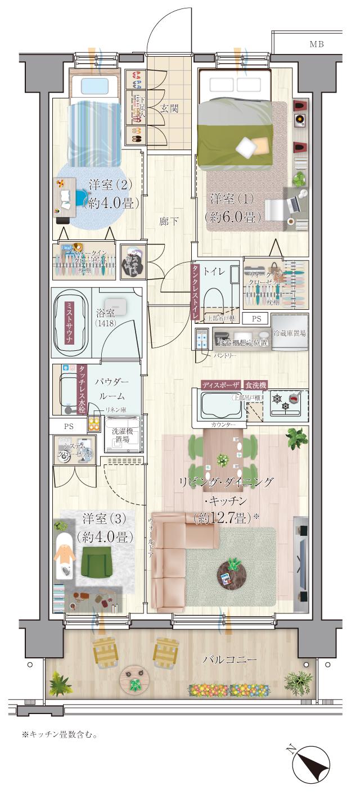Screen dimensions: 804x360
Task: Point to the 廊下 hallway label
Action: (x=169, y=221)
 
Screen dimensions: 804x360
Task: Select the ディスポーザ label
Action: (x=221, y=385)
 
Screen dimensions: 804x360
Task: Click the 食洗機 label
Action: (x=255, y=385)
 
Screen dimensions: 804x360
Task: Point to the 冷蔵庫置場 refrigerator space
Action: (x=289, y=333)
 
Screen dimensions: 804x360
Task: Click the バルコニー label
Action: (x=229, y=660)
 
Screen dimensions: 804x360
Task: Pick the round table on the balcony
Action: (x=135, y=680)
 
